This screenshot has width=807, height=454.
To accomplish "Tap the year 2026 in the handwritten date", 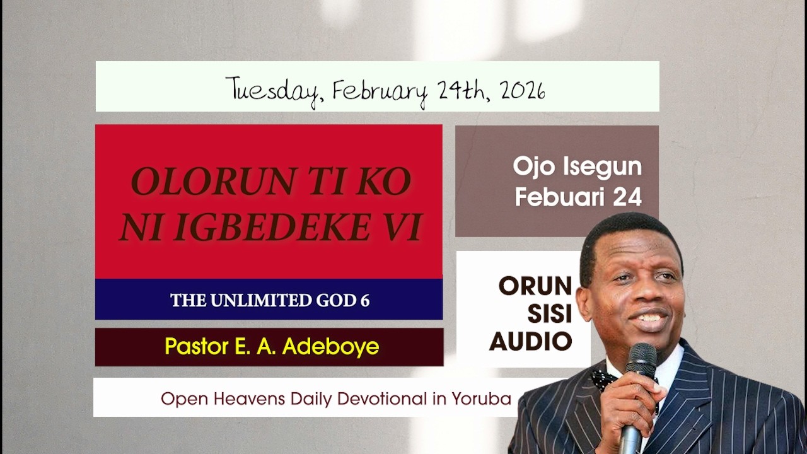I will [x=523, y=90].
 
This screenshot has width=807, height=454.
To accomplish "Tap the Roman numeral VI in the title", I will [x=401, y=228].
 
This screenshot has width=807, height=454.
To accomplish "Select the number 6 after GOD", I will [x=365, y=300].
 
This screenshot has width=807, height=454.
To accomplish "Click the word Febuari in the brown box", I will [x=553, y=197].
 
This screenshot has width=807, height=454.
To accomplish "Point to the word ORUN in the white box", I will [x=535, y=286].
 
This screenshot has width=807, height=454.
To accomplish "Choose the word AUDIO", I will [x=531, y=341].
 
